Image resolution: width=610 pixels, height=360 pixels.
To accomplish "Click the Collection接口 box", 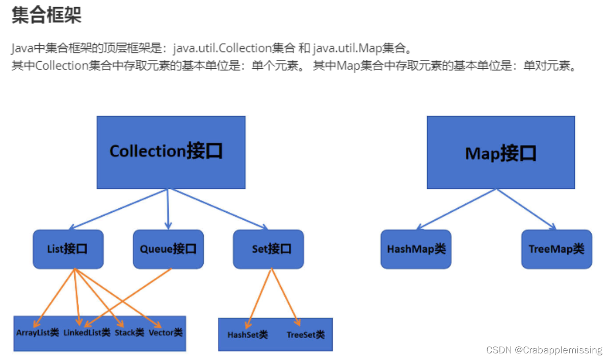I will click(x=171, y=152).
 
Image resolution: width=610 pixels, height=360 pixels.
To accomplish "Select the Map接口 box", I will click(x=500, y=152).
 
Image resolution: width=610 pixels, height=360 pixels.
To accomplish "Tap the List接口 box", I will click(x=68, y=249).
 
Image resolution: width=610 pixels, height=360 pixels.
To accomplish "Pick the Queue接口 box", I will click(x=168, y=249).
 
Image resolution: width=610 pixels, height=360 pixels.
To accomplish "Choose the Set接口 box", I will click(x=269, y=249).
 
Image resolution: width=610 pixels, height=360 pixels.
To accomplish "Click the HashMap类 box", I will click(x=416, y=249).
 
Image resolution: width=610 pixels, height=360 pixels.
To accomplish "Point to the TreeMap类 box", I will click(x=556, y=249).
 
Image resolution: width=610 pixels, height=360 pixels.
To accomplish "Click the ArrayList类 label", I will click(x=38, y=333).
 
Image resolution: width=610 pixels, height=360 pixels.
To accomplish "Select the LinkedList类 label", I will click(x=87, y=333).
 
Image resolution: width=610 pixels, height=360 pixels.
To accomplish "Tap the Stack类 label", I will click(x=129, y=333).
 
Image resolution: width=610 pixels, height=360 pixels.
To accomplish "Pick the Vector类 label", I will click(x=166, y=333).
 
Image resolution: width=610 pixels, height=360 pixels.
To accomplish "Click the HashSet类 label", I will click(x=248, y=335).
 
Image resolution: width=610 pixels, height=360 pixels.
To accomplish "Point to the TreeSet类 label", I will click(x=305, y=335).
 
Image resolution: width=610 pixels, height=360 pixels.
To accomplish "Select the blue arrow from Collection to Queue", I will click(x=168, y=209).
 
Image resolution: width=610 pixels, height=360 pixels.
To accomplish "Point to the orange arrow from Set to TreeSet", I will click(x=284, y=295).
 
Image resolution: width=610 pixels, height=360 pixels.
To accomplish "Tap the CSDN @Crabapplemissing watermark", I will click(x=544, y=350).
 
